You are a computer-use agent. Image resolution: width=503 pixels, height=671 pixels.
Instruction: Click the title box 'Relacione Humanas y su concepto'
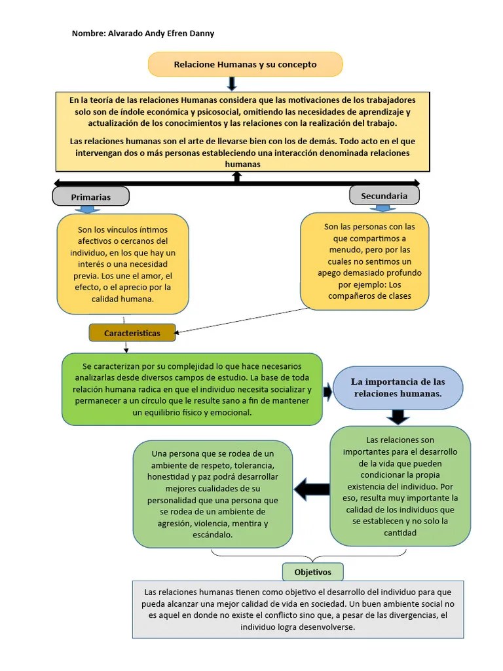click(x=245, y=64)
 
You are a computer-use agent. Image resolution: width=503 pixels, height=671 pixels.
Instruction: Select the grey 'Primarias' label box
click(x=91, y=197)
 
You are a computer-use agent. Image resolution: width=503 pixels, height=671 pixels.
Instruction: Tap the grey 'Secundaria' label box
click(x=384, y=195)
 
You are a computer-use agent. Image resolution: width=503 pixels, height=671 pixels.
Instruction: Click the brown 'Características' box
click(x=132, y=333)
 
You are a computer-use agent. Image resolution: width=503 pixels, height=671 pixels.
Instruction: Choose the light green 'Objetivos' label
click(x=312, y=572)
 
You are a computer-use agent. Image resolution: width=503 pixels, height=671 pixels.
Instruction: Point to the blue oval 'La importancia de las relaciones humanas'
click(x=398, y=388)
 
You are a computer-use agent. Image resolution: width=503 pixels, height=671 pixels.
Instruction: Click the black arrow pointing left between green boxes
click(x=312, y=488)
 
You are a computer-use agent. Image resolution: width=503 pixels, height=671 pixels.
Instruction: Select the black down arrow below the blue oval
click(x=398, y=417)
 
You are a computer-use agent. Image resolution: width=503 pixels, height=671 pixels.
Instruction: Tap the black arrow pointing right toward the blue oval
click(x=327, y=388)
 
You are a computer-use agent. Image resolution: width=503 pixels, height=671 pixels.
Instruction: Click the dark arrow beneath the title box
click(x=231, y=83)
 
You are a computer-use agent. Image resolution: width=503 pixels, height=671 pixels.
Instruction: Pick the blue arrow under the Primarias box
click(x=87, y=210)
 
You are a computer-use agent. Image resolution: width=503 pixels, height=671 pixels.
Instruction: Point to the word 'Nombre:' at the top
click(x=88, y=33)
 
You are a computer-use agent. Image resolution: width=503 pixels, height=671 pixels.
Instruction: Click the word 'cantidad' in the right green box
click(x=400, y=533)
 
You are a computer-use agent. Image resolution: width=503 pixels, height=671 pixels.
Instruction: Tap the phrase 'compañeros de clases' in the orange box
click(x=369, y=296)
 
